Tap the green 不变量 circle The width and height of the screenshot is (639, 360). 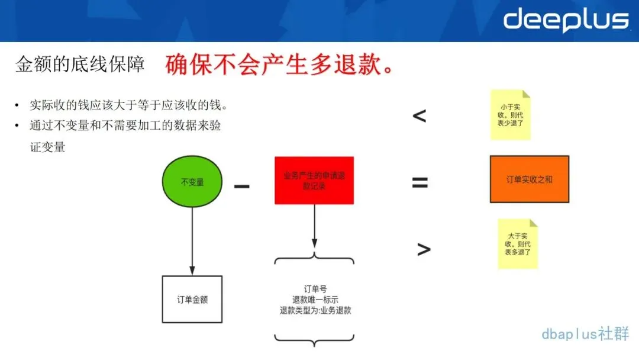(x=193, y=182)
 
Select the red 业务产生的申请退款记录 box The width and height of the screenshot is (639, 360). (x=314, y=181)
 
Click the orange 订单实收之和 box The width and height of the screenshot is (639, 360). (x=530, y=179)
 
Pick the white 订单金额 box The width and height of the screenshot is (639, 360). (x=192, y=300)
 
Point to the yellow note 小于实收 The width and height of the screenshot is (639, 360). (x=510, y=115)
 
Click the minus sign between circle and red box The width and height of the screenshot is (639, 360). (x=241, y=186)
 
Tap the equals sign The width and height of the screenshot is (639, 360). (x=420, y=182)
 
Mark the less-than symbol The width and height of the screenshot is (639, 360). (x=419, y=115)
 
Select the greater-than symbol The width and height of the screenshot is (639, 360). (x=424, y=249)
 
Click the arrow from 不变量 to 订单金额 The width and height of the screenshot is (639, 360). (x=192, y=237)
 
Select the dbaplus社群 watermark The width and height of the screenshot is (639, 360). (x=585, y=334)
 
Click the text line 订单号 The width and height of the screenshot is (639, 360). (x=315, y=289)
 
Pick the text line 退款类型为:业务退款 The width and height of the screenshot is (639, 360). (x=315, y=310)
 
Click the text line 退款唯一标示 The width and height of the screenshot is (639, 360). (x=315, y=300)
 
